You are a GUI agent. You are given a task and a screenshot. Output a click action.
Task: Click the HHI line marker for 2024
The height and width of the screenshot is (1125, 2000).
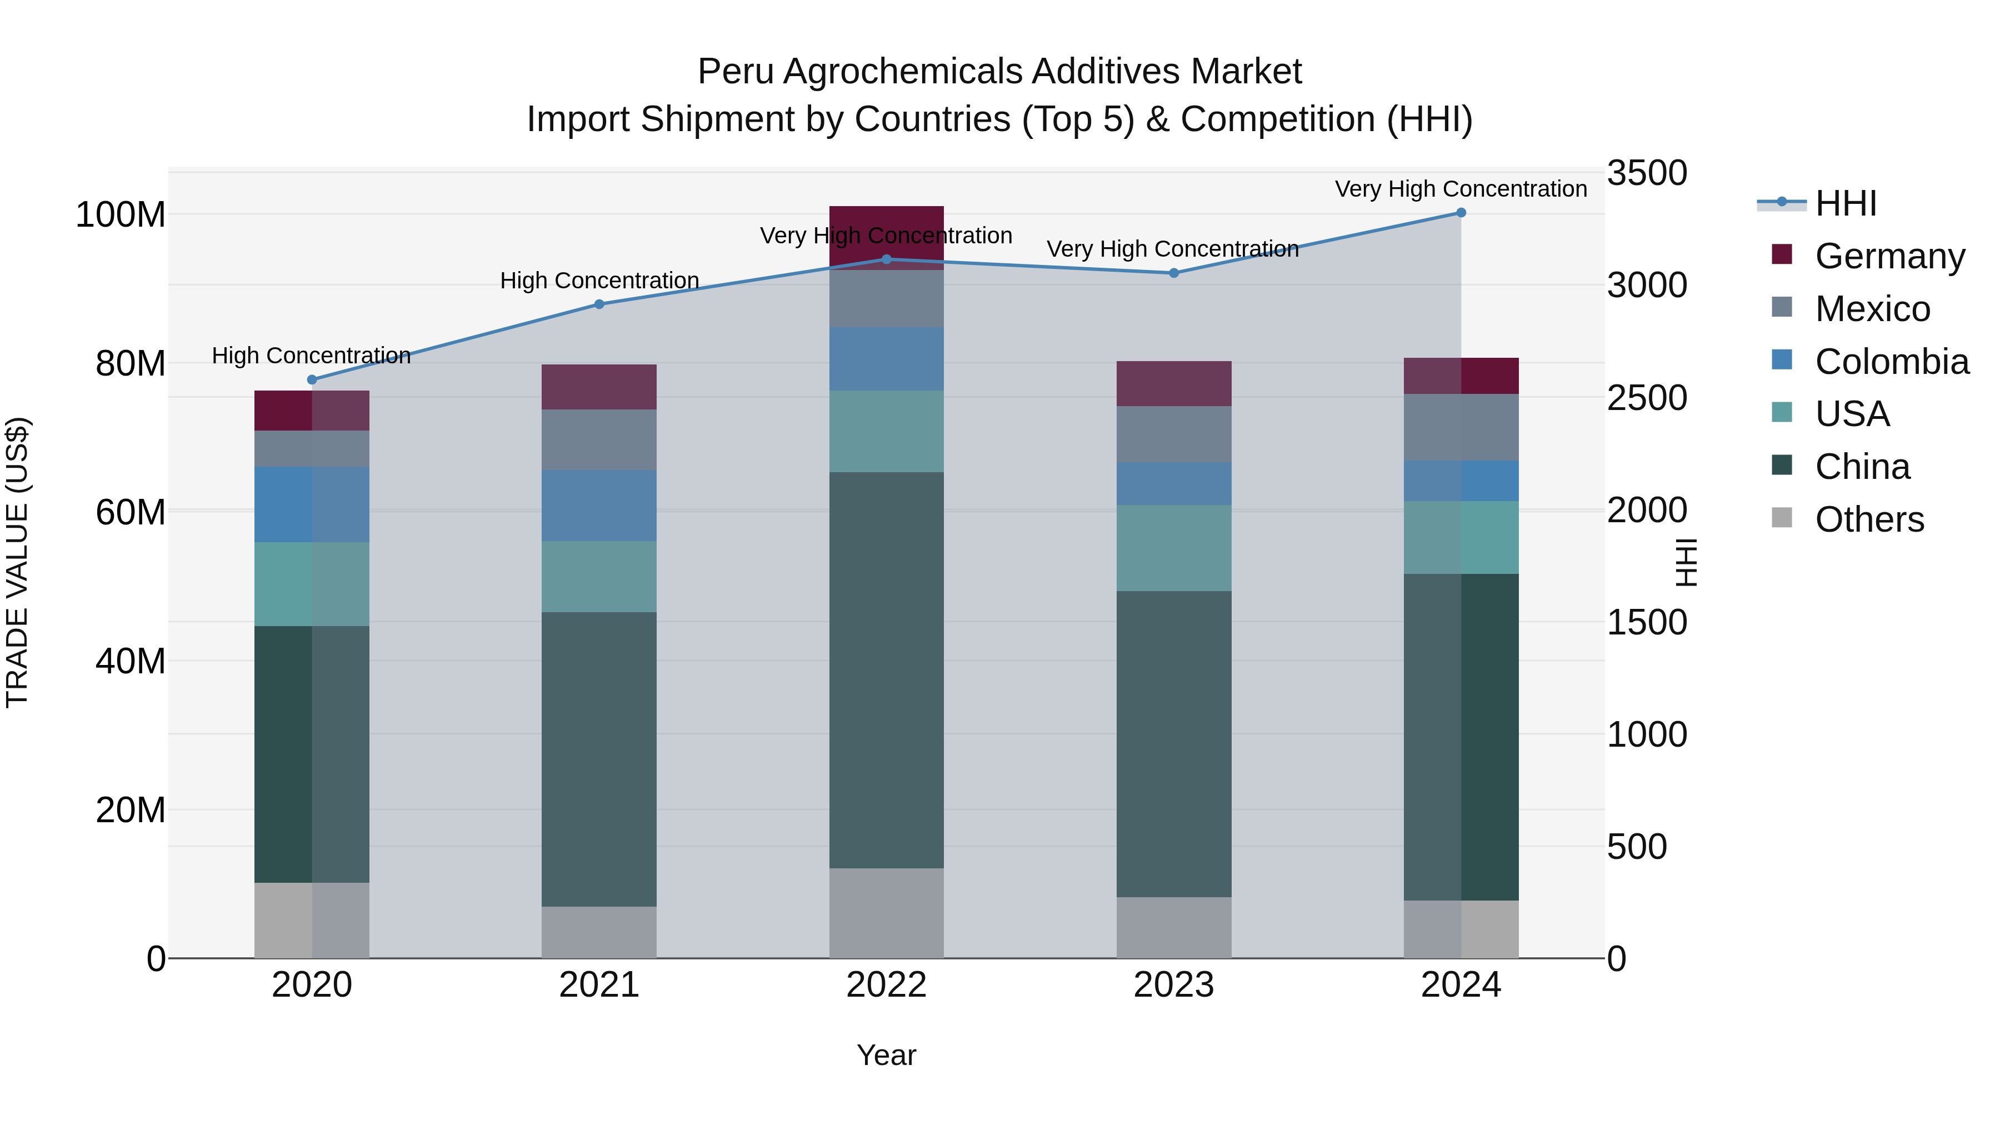click(x=1461, y=213)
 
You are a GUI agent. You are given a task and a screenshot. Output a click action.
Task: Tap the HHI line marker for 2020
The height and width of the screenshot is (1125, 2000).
click(x=312, y=379)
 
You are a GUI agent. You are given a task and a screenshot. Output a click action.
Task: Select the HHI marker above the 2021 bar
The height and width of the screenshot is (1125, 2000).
click(x=598, y=304)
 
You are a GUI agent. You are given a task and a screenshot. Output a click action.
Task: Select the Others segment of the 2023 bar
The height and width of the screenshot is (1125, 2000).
click(x=1173, y=927)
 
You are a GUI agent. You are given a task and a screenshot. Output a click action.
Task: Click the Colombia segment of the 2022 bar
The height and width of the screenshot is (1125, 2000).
click(x=886, y=359)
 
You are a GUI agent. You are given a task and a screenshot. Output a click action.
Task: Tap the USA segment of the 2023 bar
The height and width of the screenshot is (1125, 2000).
click(x=1173, y=548)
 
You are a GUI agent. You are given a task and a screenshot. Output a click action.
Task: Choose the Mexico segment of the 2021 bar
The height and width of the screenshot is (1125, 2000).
click(x=598, y=439)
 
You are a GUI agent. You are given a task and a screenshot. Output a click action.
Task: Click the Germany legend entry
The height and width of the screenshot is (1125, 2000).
click(x=1889, y=256)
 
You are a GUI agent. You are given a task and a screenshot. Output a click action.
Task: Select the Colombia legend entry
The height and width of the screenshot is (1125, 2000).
click(x=1891, y=361)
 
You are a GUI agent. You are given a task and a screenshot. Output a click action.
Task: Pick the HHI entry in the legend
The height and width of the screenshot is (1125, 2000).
click(x=1846, y=203)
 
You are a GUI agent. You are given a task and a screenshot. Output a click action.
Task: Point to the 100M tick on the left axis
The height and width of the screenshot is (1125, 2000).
click(x=121, y=214)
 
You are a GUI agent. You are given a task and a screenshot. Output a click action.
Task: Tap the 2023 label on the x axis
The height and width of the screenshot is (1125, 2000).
click(x=1173, y=984)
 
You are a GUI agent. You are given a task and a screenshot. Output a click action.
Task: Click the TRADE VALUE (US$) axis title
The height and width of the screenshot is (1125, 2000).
click(x=17, y=562)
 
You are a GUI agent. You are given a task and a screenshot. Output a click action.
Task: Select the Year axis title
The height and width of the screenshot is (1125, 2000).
click(x=886, y=1055)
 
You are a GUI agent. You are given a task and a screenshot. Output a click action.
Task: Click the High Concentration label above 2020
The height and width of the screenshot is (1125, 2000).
click(x=311, y=356)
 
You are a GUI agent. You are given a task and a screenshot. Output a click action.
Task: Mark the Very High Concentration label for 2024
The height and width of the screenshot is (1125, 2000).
click(x=1461, y=189)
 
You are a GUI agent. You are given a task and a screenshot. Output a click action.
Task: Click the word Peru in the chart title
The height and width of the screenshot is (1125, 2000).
click(x=734, y=72)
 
